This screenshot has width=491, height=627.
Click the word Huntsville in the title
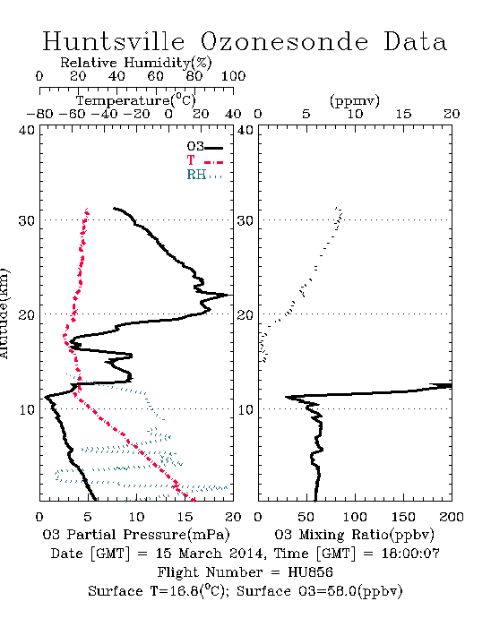point(114,41)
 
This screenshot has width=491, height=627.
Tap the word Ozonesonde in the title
point(283,41)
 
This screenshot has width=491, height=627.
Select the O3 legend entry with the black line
point(204,147)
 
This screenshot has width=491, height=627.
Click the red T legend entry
point(204,161)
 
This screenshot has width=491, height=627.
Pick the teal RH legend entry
point(204,175)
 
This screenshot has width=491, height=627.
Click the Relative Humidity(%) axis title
point(136,63)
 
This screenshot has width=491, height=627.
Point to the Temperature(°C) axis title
point(136,100)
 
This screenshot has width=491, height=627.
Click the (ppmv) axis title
point(355,101)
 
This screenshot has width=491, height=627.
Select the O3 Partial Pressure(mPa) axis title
point(136,535)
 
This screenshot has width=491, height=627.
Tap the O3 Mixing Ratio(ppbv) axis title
point(354,535)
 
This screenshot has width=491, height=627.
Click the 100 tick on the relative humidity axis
point(233,76)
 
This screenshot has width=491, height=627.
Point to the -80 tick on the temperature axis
point(39,115)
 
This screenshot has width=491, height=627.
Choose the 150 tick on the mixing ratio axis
point(403,517)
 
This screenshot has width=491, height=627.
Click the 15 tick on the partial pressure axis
point(185,517)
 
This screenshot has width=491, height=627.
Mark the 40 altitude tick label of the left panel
point(26,131)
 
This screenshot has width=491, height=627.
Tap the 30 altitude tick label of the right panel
point(245,220)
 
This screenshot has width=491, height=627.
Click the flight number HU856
point(310,572)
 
